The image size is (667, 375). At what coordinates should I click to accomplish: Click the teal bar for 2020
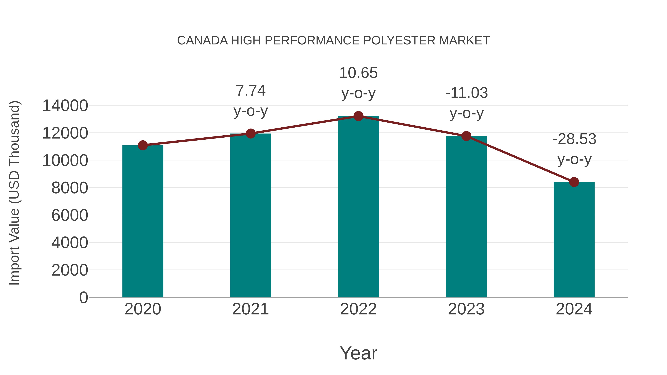pos(143,221)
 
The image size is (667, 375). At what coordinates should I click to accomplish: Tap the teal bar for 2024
pos(574,239)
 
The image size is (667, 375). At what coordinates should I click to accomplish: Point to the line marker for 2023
pos(466,136)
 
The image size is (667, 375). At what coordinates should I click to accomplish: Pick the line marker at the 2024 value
pos(574,182)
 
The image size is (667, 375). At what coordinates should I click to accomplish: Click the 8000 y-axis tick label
pos(70,188)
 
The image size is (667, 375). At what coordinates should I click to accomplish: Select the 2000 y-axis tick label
pos(70,270)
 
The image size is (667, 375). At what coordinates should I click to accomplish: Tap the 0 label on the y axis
pos(84,298)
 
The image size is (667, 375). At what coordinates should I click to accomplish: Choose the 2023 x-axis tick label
pos(466,309)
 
